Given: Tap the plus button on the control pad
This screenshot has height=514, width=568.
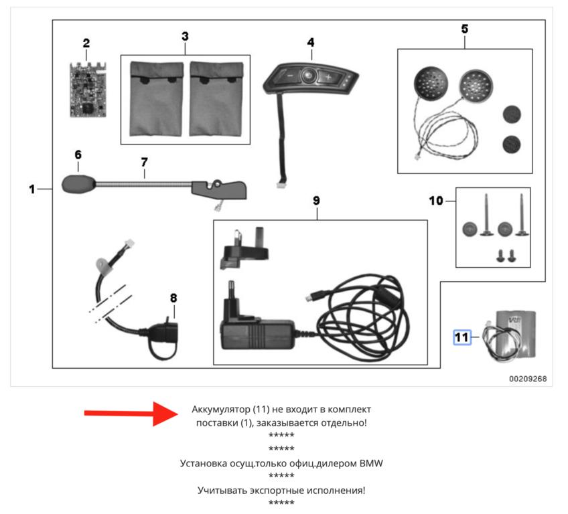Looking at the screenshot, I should pyautogui.click(x=329, y=77).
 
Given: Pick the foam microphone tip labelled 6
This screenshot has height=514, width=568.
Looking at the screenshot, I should pyautogui.click(x=78, y=183).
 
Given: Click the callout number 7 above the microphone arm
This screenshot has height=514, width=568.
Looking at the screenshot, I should pyautogui.click(x=144, y=162).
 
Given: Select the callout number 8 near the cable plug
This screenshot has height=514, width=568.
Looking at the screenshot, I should pyautogui.click(x=173, y=297).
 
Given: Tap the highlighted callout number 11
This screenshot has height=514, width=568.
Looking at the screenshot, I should pyautogui.click(x=461, y=337).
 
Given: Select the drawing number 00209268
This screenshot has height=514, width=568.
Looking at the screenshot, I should pyautogui.click(x=527, y=379).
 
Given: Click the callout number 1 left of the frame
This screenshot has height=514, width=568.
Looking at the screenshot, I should pyautogui.click(x=31, y=189).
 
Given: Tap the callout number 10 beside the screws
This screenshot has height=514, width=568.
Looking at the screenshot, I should pyautogui.click(x=436, y=200).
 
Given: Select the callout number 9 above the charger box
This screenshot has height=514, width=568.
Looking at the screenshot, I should pyautogui.click(x=316, y=200).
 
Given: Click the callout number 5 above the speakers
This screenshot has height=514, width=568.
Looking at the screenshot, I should pyautogui.click(x=465, y=29).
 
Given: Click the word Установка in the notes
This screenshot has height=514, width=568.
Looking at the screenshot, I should pyautogui.click(x=206, y=463).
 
